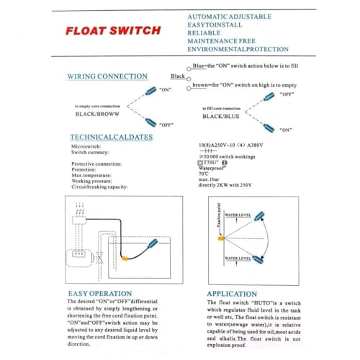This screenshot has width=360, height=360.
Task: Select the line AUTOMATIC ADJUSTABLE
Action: pyautogui.click(x=229, y=16)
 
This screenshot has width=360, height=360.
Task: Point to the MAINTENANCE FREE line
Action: pyautogui.click(x=222, y=42)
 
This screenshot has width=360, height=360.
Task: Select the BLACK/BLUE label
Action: pyautogui.click(x=221, y=116)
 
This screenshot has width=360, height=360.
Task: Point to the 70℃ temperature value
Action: pyautogui.click(x=202, y=174)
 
